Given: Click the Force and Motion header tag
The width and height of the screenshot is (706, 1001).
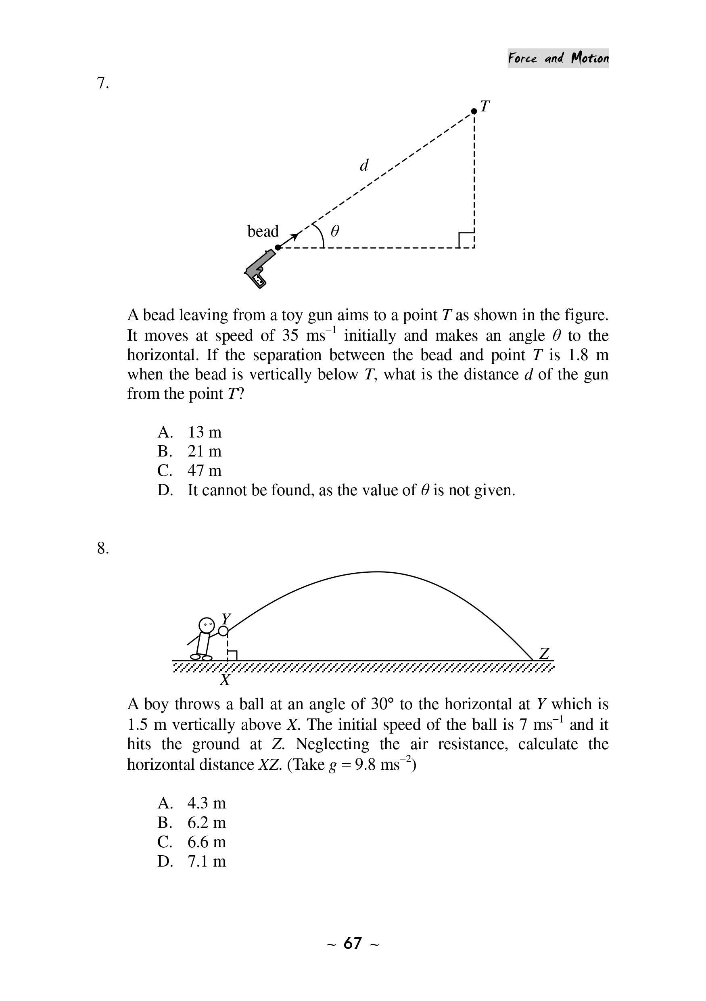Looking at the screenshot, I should [558, 58].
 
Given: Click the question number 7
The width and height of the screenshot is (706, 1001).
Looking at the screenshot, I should [102, 83].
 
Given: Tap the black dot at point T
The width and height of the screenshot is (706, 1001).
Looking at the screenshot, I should [474, 111].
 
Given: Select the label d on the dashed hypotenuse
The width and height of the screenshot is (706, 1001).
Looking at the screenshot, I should [364, 165].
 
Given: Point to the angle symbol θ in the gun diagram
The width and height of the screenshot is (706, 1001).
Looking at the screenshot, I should [334, 230].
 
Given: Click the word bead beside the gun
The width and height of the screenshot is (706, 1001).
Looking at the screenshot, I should [263, 231].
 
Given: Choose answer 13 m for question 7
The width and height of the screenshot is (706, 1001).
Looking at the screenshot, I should [205, 432].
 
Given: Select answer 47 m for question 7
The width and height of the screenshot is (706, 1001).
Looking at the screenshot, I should [205, 470].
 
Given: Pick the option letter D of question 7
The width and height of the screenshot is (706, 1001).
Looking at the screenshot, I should [165, 490].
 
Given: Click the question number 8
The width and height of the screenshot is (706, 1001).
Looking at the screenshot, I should [102, 548].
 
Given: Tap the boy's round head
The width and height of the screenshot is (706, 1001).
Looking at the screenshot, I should [207, 625].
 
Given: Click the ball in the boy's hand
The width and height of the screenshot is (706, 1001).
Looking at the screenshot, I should [223, 631].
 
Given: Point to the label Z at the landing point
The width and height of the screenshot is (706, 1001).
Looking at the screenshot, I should [544, 653].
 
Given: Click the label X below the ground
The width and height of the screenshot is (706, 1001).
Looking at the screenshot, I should [225, 680].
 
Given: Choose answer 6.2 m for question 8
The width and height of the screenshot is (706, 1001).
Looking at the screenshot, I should [207, 822].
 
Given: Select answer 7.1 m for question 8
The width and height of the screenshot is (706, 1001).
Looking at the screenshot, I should [207, 861].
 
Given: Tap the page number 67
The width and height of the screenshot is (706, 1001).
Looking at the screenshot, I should [353, 942].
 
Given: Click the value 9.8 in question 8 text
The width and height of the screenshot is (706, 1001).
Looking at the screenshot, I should [365, 765].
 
